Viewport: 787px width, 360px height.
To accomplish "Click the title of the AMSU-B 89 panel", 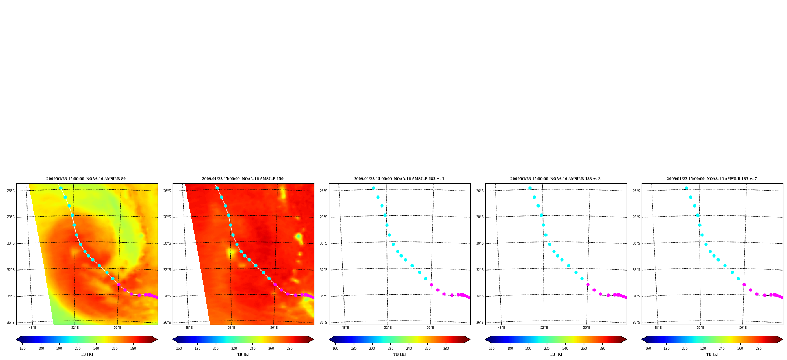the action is tap(86, 179).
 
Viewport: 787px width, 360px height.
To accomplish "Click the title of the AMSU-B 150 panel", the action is tap(243, 179).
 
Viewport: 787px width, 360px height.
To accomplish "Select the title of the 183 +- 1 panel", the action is tap(399, 179).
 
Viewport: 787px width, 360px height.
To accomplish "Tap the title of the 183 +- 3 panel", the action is tap(555, 179).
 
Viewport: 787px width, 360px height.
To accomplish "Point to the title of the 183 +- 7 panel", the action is tap(712, 179).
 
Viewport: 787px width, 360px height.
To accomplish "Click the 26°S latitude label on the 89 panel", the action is tap(11, 191).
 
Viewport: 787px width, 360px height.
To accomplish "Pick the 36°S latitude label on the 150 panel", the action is tap(167, 323).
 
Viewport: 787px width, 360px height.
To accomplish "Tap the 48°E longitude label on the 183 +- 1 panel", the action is tap(345, 328).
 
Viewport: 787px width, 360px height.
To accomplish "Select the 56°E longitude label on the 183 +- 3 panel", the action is tap(587, 328).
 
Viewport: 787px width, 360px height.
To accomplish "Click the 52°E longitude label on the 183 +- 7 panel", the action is tap(700, 328).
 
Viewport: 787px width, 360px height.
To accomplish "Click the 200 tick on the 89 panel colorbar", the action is tap(59, 349).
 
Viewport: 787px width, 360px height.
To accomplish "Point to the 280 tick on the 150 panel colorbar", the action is tap(290, 349).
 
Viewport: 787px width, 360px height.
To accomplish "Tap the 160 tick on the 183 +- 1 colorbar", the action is tap(335, 349).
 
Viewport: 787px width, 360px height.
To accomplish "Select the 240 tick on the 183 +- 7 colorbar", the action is tap(722, 349).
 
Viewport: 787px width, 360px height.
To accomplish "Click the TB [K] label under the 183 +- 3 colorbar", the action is tap(556, 354).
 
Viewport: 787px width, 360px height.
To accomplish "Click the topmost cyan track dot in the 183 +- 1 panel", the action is tap(373, 188).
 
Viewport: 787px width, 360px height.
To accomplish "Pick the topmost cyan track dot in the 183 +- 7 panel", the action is tap(686, 188).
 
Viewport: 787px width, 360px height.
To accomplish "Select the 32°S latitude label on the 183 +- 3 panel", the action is tap(480, 270).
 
